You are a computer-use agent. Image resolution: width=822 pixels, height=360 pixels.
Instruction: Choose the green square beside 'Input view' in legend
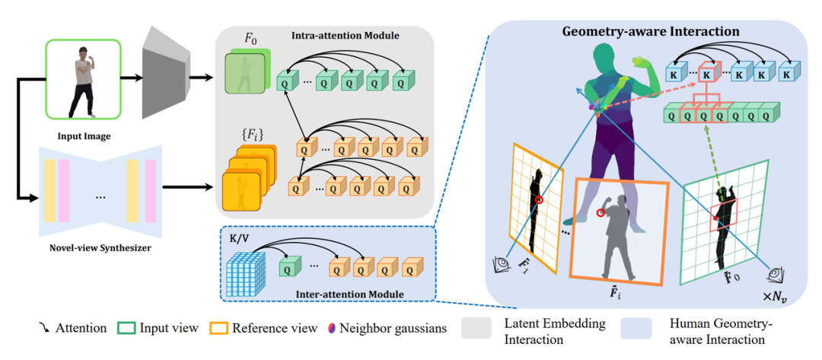coord(126,329)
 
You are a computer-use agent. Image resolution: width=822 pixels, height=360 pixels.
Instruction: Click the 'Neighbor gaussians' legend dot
coord(331,329)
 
